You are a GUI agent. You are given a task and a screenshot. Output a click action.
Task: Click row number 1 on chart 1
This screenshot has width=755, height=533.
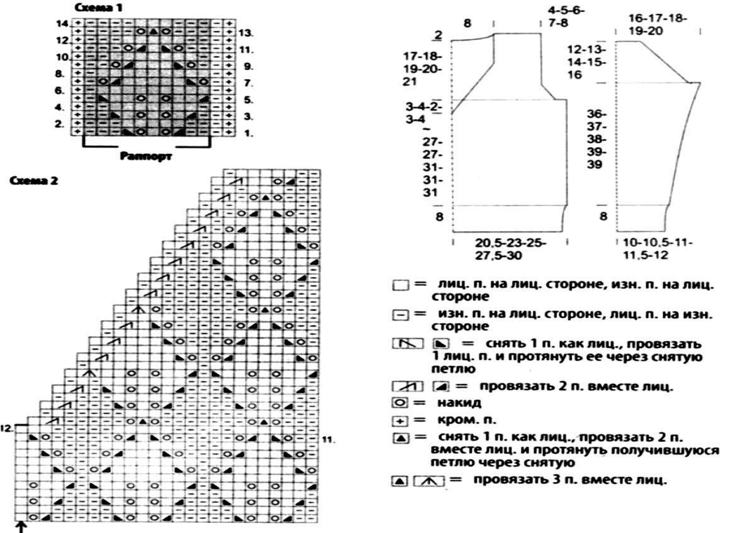click(247, 133)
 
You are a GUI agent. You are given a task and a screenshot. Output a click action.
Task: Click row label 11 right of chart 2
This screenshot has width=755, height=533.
click(328, 438)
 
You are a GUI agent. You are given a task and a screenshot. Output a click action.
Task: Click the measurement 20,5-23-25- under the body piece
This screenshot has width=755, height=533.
click(511, 243)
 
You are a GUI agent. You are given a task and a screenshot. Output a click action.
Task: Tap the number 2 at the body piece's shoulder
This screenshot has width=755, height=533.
click(437, 35)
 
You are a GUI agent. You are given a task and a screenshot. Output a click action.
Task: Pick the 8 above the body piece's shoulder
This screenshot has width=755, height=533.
click(467, 23)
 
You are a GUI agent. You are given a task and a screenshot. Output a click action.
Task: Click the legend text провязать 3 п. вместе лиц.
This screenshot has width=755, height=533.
click(569, 481)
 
